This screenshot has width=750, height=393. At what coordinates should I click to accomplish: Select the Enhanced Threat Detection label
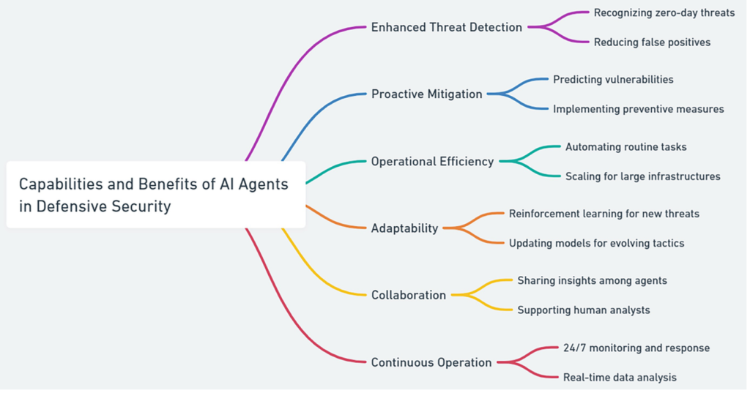[x=446, y=27]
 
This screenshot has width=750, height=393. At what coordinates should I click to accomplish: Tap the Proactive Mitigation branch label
[x=426, y=94]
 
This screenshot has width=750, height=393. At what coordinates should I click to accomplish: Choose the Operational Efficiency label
[x=432, y=161]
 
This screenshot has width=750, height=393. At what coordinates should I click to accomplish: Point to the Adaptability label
[x=404, y=228]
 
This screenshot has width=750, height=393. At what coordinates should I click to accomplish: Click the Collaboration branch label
[x=408, y=295]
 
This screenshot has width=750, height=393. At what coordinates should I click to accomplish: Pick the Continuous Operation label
[x=431, y=362]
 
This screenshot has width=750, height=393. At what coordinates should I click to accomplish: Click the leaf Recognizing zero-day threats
[x=664, y=12]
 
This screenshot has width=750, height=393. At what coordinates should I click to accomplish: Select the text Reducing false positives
[x=652, y=42]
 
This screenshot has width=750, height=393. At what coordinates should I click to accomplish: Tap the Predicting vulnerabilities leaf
[x=613, y=79]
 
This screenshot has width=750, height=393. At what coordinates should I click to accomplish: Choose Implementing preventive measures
[x=638, y=109]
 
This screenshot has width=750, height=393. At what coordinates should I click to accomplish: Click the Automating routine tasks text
[x=625, y=146]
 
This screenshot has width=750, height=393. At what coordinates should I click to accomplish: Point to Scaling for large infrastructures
[x=642, y=176]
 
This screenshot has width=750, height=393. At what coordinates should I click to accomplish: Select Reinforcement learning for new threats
[x=604, y=214]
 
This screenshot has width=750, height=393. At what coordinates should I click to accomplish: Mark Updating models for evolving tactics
[x=596, y=243]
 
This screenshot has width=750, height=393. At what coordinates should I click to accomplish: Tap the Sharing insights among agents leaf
[x=592, y=280]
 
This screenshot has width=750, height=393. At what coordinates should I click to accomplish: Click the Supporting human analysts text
[x=583, y=310]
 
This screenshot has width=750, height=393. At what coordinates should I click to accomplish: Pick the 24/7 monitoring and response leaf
[x=636, y=348]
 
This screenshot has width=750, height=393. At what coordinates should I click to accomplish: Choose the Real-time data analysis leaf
[x=620, y=378]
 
